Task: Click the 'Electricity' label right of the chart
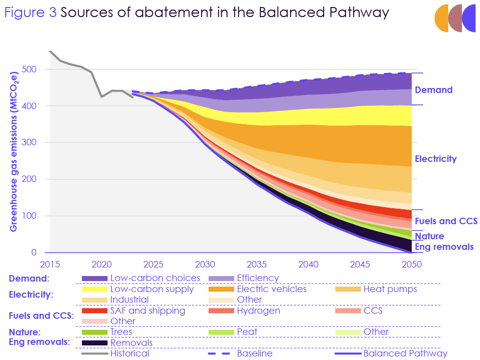[x=435, y=159]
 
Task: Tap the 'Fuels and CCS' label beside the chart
[x=445, y=221]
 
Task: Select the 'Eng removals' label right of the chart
[x=444, y=247]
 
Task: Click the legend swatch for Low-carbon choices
[x=94, y=279]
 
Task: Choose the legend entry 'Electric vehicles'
[x=271, y=289]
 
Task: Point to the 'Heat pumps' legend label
[x=390, y=289]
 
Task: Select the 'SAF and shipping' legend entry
[x=147, y=311]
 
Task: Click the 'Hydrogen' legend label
[x=258, y=311]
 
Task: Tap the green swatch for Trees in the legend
[x=94, y=332]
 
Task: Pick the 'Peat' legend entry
[x=247, y=332]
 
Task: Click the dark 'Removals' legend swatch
[x=94, y=343]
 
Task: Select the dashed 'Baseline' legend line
[x=221, y=354]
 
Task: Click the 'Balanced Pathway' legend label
[x=405, y=353]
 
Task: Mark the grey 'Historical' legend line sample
[x=94, y=354]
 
